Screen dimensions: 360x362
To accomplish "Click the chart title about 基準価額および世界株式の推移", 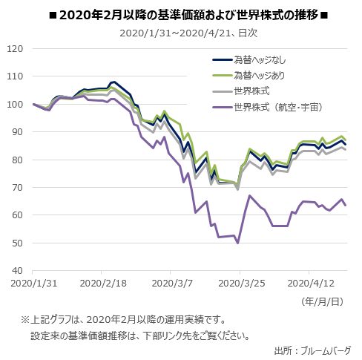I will click(182, 14).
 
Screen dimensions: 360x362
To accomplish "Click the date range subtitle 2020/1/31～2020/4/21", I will click(182, 33).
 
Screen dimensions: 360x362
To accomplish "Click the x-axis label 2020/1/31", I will click(33, 284).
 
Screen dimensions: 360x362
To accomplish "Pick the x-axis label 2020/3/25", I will click(240, 284).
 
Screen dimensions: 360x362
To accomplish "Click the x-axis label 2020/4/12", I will click(309, 284).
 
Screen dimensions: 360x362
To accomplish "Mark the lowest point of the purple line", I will click(237, 243).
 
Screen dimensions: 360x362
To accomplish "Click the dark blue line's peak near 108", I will click(113, 82).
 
